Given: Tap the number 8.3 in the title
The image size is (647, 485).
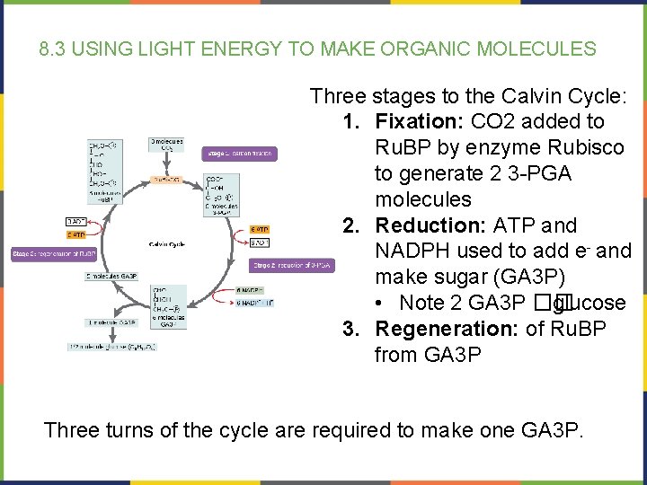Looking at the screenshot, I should click(52, 48).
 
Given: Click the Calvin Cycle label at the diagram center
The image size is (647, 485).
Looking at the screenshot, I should click(167, 243).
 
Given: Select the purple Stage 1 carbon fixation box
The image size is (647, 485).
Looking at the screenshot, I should click(238, 154).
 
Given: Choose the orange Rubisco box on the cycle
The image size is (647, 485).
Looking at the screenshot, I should click(166, 179).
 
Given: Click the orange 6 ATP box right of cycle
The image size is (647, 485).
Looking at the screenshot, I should click(259, 229).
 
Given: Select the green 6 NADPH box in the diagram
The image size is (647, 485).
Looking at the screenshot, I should click(249, 290).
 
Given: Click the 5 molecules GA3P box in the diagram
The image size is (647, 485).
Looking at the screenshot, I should click(112, 277).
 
